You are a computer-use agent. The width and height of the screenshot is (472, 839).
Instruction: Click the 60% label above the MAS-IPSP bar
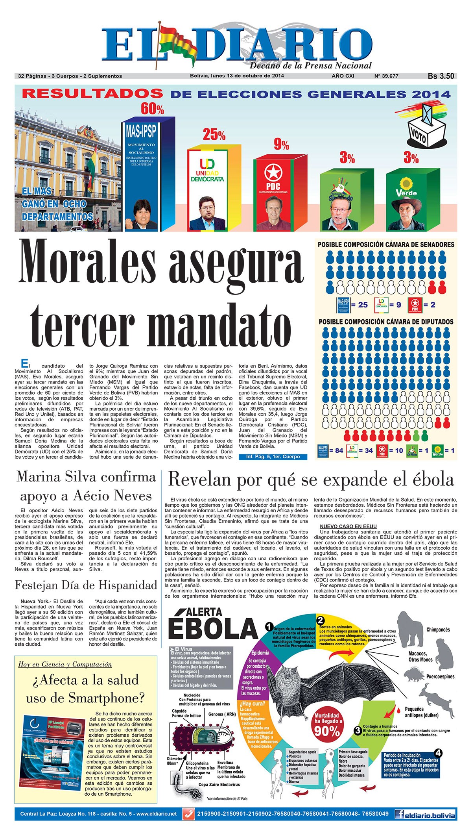[152, 109]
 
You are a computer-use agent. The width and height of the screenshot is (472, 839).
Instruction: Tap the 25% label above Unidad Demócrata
[214, 135]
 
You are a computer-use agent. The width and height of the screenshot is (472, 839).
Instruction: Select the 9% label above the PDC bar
[281, 145]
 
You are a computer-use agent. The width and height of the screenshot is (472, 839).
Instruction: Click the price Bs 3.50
[441, 76]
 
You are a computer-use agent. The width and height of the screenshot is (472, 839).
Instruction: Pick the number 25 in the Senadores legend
[363, 305]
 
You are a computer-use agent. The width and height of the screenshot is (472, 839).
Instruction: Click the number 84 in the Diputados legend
[339, 450]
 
